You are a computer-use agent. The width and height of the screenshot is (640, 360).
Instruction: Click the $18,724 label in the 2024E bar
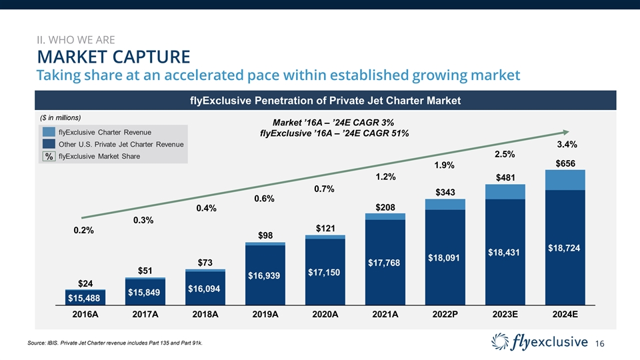coord(565,248)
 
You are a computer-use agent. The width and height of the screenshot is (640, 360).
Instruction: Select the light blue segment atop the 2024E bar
coord(565,180)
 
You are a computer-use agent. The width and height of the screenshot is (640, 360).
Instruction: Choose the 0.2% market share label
coord(84,231)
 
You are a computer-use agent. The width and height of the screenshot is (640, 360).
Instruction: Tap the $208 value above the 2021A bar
coord(385,208)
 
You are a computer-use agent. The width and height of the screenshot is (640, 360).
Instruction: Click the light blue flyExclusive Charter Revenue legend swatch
coord(49,131)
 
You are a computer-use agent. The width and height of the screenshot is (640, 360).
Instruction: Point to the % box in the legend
coord(49,156)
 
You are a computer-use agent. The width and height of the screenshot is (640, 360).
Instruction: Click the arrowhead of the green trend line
coord(567,131)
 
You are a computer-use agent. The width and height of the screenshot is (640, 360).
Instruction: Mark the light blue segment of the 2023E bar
coord(505,191)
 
